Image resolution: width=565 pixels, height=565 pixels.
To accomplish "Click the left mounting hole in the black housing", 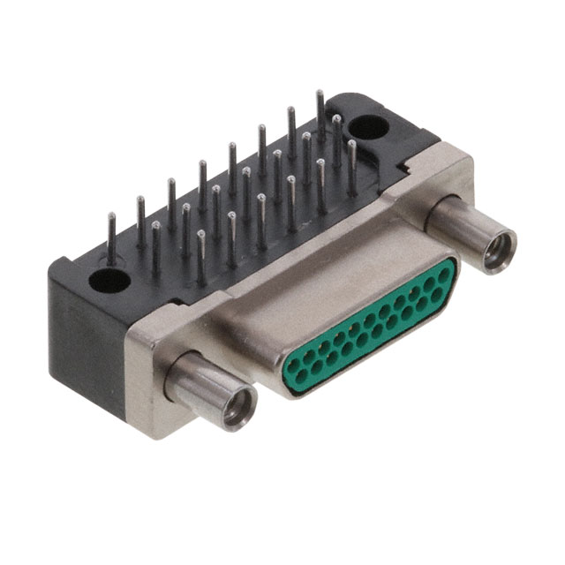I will pyautogui.click(x=110, y=281).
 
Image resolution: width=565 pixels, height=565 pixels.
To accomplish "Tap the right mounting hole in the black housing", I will pyautogui.click(x=369, y=127).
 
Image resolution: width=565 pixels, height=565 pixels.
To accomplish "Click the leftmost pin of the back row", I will pyautogui.click(x=111, y=237).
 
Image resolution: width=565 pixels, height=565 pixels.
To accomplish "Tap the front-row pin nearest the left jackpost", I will pyautogui.click(x=201, y=256).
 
